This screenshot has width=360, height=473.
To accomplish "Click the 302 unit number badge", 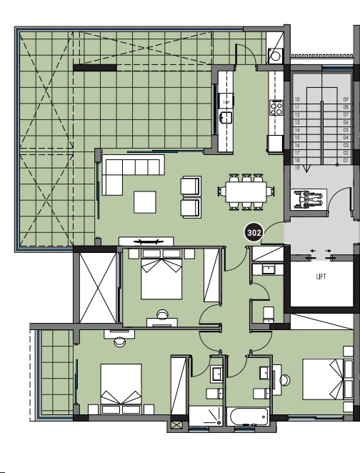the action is (x=254, y=233).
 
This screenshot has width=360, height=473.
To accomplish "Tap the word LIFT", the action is (x=321, y=277).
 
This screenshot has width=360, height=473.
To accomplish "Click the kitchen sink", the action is (x=226, y=117).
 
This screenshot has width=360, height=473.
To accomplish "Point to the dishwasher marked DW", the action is (x=226, y=102).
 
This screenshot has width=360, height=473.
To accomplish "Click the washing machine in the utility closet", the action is (x=276, y=56).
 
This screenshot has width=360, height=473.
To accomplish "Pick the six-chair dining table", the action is (x=246, y=191).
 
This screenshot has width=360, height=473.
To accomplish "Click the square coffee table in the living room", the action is (x=145, y=201).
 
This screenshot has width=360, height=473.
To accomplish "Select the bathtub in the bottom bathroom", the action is (x=248, y=417).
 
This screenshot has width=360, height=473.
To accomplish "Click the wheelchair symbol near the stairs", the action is (x=310, y=199).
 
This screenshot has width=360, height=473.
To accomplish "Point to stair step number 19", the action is (x=297, y=168).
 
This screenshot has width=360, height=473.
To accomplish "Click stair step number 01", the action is (x=346, y=161).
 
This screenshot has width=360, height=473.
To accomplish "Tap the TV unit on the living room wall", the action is (x=146, y=242).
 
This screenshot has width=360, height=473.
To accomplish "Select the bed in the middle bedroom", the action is (x=162, y=274).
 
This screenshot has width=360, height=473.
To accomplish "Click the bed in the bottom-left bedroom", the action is (x=121, y=389).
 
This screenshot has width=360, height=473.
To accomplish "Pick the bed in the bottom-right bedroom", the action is (x=328, y=379).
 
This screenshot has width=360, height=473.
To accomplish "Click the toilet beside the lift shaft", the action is (x=268, y=314).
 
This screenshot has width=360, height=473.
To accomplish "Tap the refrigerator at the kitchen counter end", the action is (x=275, y=144).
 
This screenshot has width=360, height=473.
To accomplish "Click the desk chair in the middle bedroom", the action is (x=162, y=314).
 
